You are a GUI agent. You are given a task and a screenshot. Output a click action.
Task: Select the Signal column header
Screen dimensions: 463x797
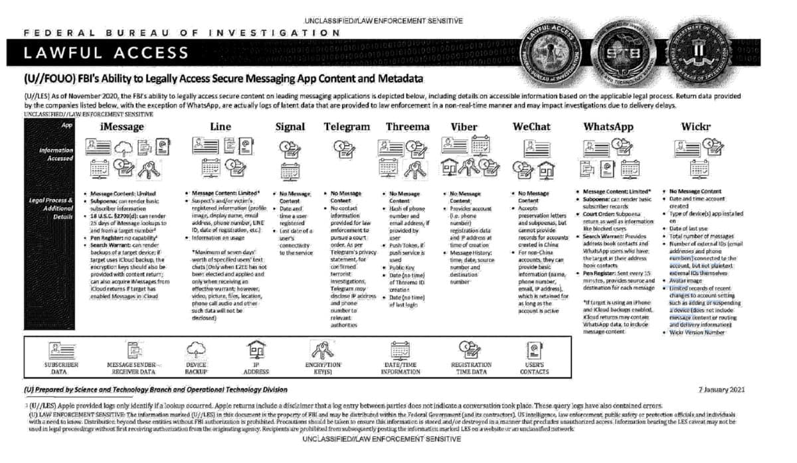click(x=290, y=127)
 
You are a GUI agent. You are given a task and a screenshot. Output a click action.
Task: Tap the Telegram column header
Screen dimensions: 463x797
click(x=347, y=127)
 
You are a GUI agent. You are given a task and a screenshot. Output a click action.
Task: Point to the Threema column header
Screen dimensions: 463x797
click(x=407, y=127)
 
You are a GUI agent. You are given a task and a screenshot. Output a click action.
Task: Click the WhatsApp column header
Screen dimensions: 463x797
click(x=608, y=127)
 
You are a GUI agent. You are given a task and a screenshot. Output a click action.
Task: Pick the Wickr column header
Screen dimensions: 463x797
click(x=697, y=127)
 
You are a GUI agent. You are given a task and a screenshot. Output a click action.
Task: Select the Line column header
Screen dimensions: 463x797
click(x=220, y=127)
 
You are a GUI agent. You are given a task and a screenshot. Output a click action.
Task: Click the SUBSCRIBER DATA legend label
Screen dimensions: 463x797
click(x=60, y=368)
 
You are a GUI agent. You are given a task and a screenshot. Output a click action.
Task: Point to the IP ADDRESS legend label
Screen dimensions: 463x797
click(x=256, y=368)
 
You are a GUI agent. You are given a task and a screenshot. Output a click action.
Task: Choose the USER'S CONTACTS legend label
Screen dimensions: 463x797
click(x=535, y=368)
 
